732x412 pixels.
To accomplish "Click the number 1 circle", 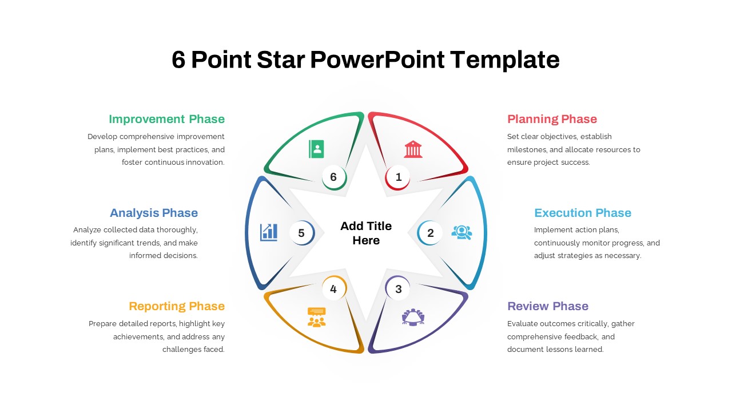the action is (397, 177).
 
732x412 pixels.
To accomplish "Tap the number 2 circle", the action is (430, 233).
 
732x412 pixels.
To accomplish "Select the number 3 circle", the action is (397, 288).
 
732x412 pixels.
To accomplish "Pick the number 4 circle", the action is (334, 288).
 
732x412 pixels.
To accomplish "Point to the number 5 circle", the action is (302, 233).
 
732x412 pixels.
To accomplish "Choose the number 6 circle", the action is (334, 177).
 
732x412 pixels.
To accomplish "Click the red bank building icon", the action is (413, 149).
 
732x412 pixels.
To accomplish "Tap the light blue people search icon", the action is (462, 232).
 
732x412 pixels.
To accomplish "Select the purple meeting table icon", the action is (413, 317).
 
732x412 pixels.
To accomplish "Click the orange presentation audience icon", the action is (317, 317).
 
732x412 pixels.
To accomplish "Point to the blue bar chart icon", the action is (269, 232).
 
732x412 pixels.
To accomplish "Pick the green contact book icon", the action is (316, 149).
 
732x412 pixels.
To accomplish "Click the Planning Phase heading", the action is (552, 119).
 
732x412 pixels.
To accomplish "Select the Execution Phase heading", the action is (583, 213).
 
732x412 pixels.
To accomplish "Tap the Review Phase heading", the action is (548, 306).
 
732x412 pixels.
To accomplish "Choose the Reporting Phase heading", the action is (177, 306).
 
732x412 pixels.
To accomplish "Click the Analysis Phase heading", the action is (154, 213).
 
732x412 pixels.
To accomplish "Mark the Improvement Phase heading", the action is (166, 120).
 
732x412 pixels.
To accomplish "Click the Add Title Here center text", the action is (366, 233).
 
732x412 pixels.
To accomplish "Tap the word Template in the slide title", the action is (504, 60).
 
